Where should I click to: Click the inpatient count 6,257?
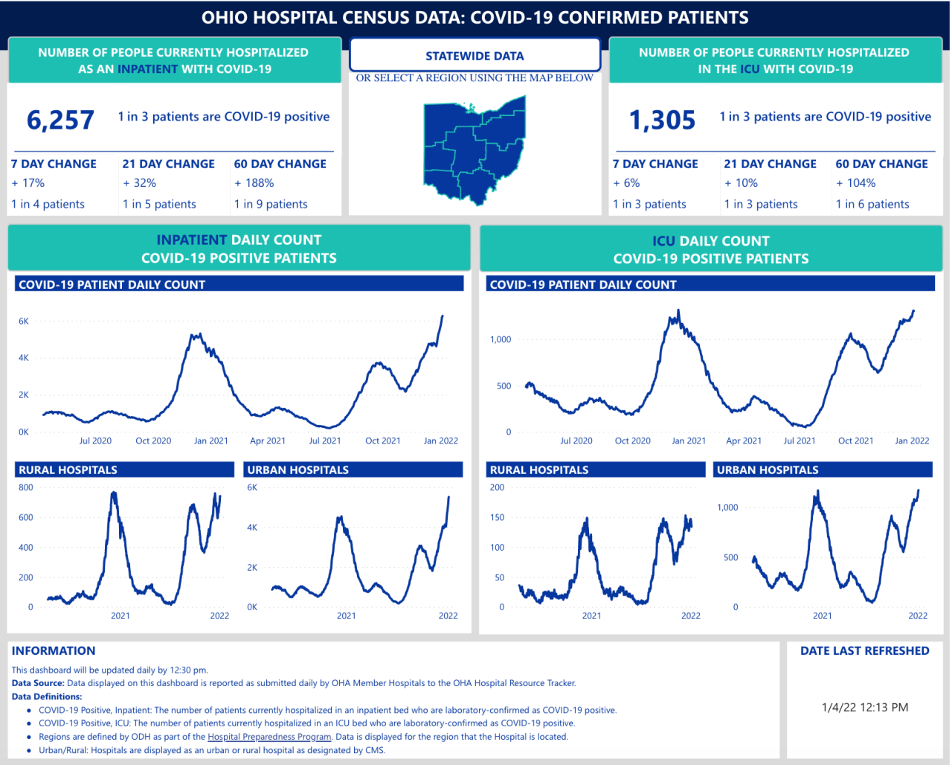coord(60,120)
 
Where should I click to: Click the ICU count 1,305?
coord(662,120)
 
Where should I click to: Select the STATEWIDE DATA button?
coord(475,56)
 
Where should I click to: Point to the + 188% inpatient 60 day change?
coord(254,183)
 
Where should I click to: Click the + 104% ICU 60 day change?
coord(856,183)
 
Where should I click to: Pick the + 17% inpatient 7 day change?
coord(28,183)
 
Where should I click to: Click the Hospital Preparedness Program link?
coord(269,737)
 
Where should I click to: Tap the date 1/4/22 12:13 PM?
coord(865,707)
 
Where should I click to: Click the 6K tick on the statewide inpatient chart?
coord(24,321)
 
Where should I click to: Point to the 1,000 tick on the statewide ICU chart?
coord(501,339)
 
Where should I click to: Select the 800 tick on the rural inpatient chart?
coord(26,487)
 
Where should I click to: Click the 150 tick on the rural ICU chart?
coord(497,517)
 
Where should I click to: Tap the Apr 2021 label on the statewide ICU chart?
coord(744,441)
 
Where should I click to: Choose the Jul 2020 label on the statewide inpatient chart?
coord(95,441)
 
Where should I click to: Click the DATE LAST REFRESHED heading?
coord(865,650)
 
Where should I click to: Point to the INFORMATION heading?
coord(54,650)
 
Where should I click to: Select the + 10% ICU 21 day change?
coord(741,183)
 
